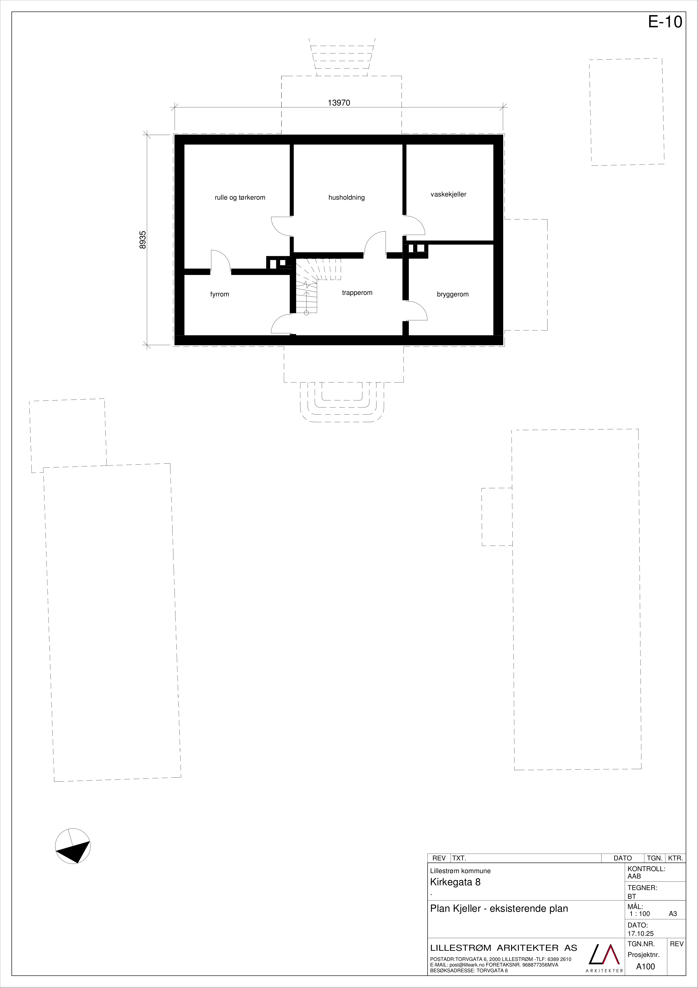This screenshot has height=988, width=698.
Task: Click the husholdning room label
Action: coord(347,197)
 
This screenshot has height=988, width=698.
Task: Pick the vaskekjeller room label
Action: coord(449,194)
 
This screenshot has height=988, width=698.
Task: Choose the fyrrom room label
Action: coord(220,294)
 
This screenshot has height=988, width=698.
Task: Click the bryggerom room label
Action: coord(453,294)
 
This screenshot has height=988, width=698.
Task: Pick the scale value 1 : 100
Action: coord(640,914)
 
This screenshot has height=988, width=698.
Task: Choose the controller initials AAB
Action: coord(634,876)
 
